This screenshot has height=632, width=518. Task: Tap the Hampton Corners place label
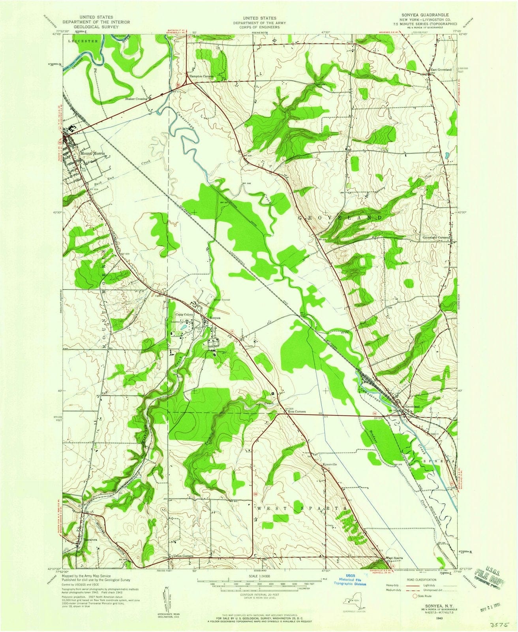pos(201,76)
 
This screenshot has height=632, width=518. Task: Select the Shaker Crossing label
pos(136,99)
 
